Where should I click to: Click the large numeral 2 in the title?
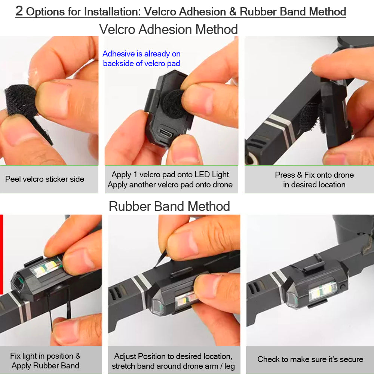19,11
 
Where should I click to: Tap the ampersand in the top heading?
233,12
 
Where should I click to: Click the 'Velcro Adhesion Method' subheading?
168,29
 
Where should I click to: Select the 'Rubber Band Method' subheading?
169,206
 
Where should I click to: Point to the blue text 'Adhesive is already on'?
141,54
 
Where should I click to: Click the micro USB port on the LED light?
166,133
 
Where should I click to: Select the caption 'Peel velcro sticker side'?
45,179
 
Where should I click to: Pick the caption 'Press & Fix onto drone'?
314,175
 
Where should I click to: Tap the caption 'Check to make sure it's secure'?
310,359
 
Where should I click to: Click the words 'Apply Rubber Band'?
45,366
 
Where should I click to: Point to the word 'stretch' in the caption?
124,366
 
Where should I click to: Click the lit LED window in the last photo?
323,291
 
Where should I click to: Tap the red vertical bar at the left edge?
1,254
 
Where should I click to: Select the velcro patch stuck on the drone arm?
310,116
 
